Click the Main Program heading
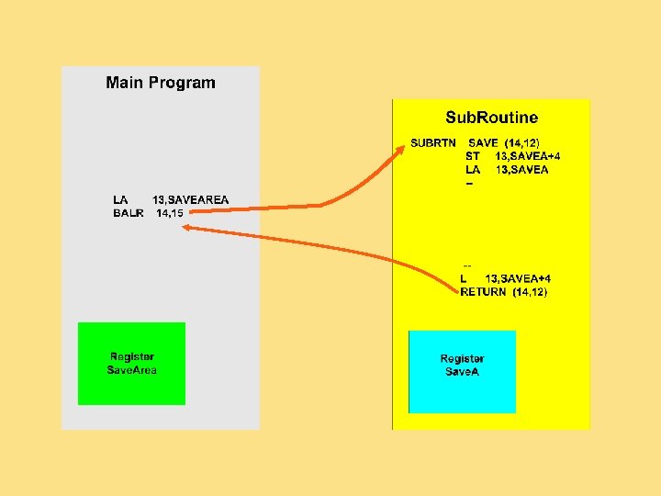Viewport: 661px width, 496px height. click(x=161, y=83)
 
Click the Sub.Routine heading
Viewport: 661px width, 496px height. click(x=492, y=118)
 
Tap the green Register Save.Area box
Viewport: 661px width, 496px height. click(x=131, y=363)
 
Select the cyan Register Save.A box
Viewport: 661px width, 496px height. click(x=462, y=365)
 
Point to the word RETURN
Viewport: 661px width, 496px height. click(x=483, y=291)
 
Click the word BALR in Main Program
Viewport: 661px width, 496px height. click(x=129, y=213)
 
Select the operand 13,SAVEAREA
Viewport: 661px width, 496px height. click(x=191, y=199)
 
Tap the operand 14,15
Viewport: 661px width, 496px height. click(x=170, y=213)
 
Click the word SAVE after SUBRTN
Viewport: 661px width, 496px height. click(x=483, y=143)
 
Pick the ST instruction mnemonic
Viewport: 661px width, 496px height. click(x=473, y=156)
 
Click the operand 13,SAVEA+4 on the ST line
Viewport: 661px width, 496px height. click(x=528, y=156)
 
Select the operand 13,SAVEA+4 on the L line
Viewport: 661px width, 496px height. click(x=518, y=278)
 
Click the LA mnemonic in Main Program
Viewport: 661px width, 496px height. click(x=120, y=199)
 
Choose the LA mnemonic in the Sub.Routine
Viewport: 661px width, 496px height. click(x=473, y=169)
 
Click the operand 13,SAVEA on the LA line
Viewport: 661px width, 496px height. click(x=521, y=169)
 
